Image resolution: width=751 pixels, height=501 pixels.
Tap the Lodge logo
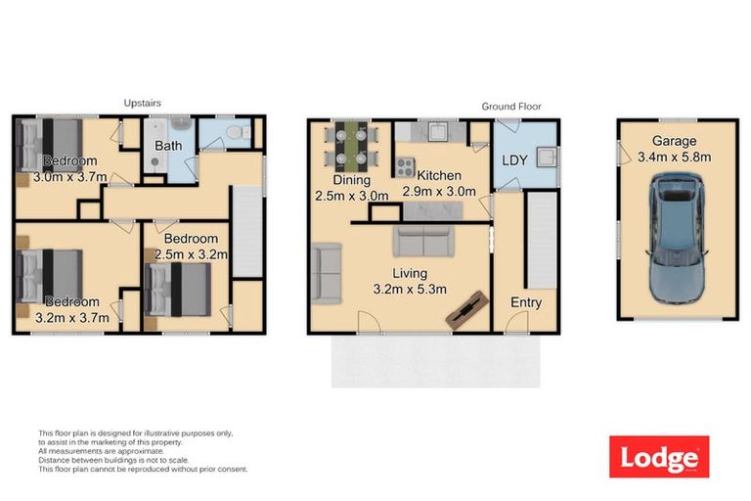click(658, 457)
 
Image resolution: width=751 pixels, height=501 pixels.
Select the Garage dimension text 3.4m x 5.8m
click(674, 156)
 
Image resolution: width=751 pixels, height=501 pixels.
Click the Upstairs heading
click(143, 103)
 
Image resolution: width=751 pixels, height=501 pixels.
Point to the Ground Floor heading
click(510, 107)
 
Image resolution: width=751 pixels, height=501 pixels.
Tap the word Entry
click(525, 302)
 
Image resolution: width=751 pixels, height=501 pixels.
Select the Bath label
click(168, 147)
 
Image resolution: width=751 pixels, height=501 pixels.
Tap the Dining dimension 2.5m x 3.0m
click(351, 196)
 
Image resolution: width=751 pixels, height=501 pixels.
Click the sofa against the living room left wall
click(326, 271)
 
